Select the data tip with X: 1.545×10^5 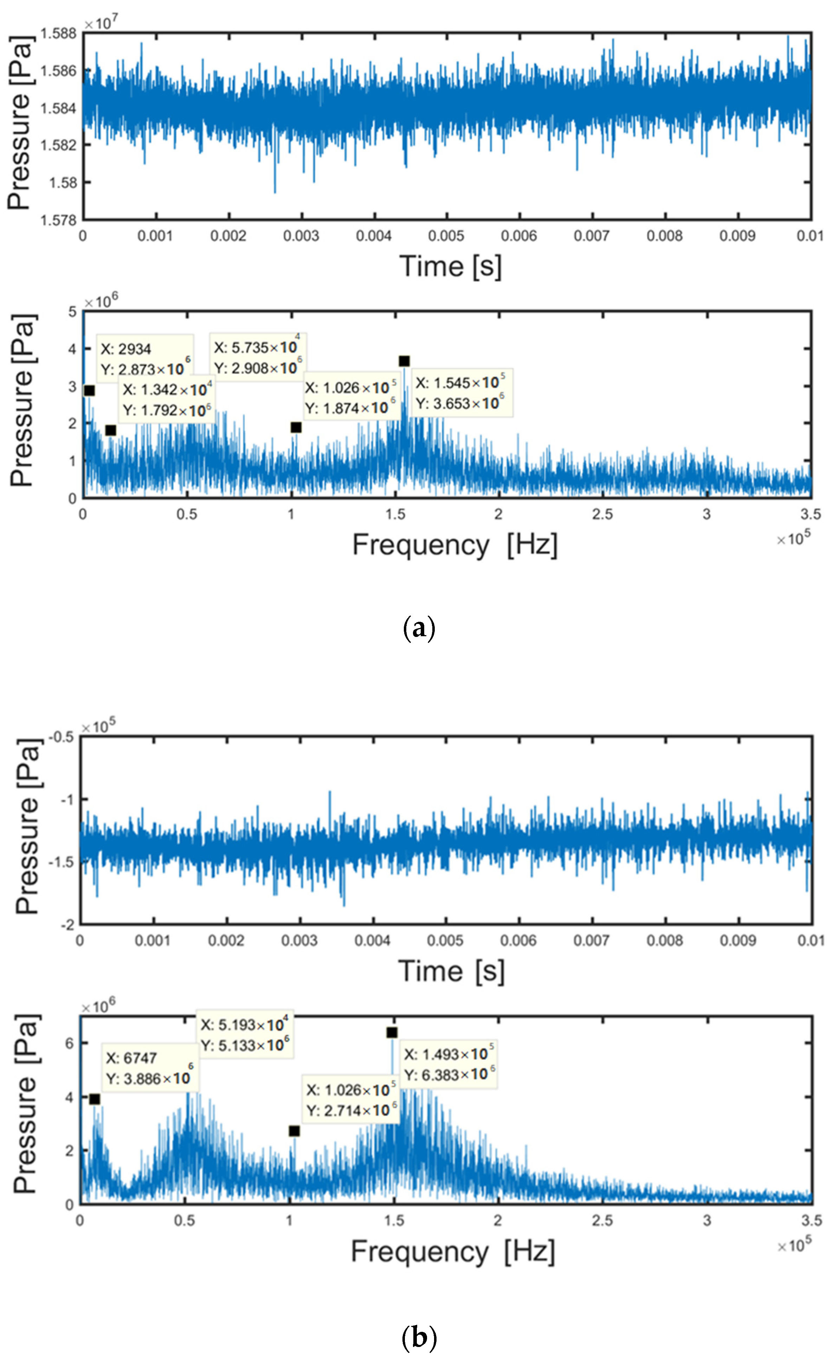coord(461,393)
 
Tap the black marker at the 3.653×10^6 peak coord(404,361)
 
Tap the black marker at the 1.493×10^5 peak coord(392,1033)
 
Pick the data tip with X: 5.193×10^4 coord(244,1035)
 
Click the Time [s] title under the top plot coord(450,267)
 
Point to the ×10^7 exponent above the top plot coord(101,23)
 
